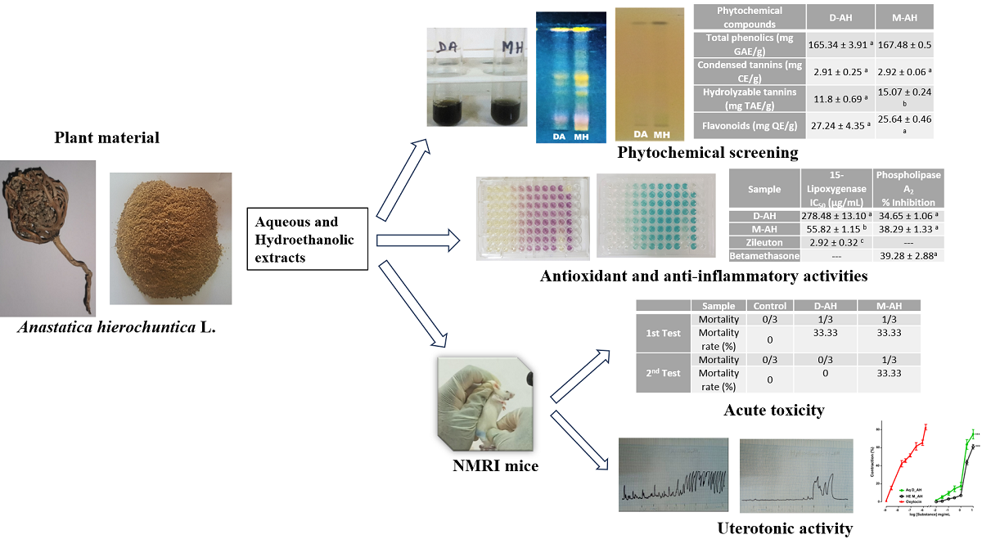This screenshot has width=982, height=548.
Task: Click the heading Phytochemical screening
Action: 707,152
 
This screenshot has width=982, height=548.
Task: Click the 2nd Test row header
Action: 664,373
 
